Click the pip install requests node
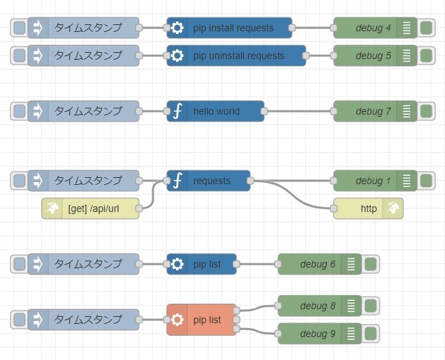tap(229, 28)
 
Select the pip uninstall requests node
tap(236, 56)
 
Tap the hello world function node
tap(216, 111)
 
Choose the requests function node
tap(209, 181)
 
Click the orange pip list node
tap(202, 320)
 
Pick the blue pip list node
tap(202, 264)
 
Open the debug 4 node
tap(375, 28)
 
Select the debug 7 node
tap(375, 111)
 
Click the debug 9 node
tap(320, 334)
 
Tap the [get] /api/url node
tap(90, 208)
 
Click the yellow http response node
tap(369, 208)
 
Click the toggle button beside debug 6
tap(371, 264)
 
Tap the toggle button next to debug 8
tap(371, 306)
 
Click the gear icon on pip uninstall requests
tap(177, 56)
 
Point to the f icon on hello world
tap(177, 111)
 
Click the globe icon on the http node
tap(394, 208)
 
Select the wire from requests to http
tap(292, 195)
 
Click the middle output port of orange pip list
tap(236, 320)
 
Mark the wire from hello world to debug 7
tap(299, 111)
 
